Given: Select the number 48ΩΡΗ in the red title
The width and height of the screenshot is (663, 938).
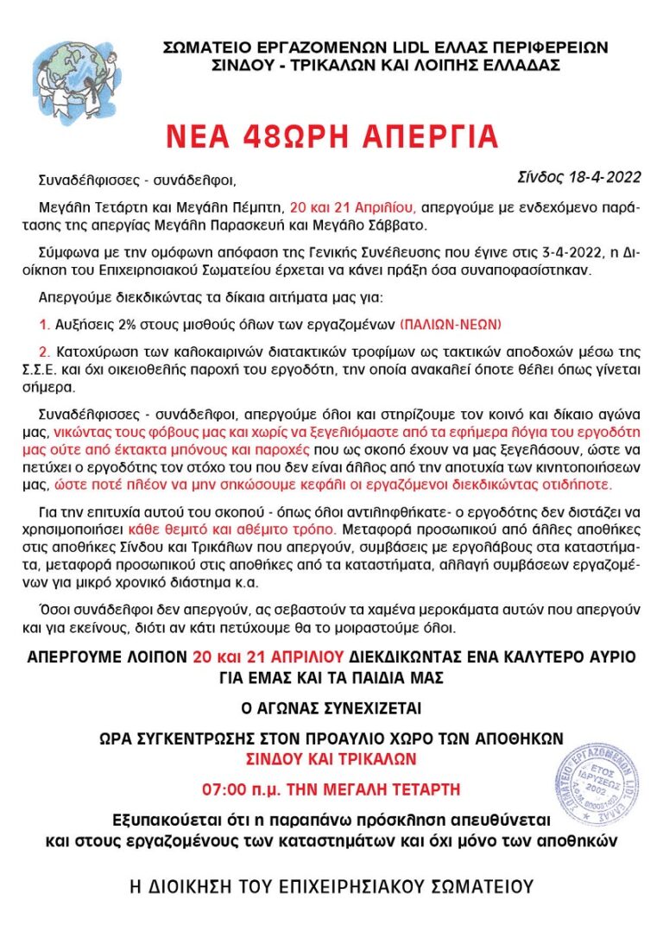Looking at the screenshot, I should tap(273, 136).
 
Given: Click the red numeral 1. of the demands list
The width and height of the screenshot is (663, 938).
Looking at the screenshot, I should tap(45, 325).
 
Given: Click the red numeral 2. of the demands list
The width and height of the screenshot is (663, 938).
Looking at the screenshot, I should tap(45, 352).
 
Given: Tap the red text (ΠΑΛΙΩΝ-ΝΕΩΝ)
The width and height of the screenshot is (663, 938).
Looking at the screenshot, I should tap(451, 325).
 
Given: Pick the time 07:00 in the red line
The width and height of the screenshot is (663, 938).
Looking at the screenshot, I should tap(225, 789).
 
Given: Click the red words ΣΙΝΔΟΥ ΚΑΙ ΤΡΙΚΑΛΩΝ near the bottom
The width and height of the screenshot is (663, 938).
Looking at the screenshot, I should tap(331, 759).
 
